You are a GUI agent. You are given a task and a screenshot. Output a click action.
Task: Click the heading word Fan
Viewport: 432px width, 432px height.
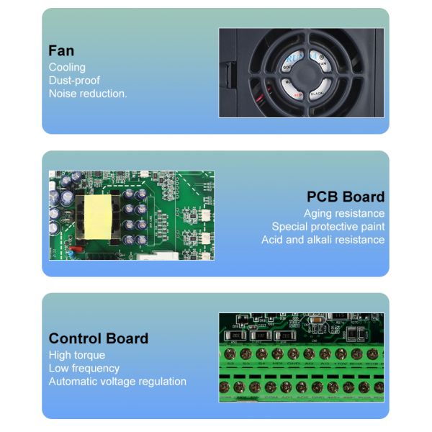61,50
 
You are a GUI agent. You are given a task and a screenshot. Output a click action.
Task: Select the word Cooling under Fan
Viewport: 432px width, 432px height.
67,67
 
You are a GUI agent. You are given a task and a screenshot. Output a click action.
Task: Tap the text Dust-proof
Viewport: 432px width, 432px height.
74,80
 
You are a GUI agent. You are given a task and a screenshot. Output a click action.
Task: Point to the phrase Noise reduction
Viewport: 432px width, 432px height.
88,93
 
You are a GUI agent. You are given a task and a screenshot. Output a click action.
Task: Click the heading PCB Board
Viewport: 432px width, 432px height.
346,197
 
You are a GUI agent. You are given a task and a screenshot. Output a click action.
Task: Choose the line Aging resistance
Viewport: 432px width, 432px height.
344,213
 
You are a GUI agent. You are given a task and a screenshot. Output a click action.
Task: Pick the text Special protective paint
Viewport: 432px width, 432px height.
328,226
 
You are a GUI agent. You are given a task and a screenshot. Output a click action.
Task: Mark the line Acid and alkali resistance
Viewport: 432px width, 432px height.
323,239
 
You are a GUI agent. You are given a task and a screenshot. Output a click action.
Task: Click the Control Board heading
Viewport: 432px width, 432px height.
99,338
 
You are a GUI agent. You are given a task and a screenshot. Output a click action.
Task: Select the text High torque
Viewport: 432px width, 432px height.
77,355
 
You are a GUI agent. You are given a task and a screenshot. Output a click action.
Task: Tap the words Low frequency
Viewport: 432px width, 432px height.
84,368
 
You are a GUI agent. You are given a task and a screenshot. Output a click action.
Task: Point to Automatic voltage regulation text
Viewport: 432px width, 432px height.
117,381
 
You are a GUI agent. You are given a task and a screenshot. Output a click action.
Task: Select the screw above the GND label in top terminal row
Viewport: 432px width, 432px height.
293,354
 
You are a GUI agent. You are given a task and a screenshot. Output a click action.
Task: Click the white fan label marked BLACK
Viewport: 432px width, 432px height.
320,93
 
